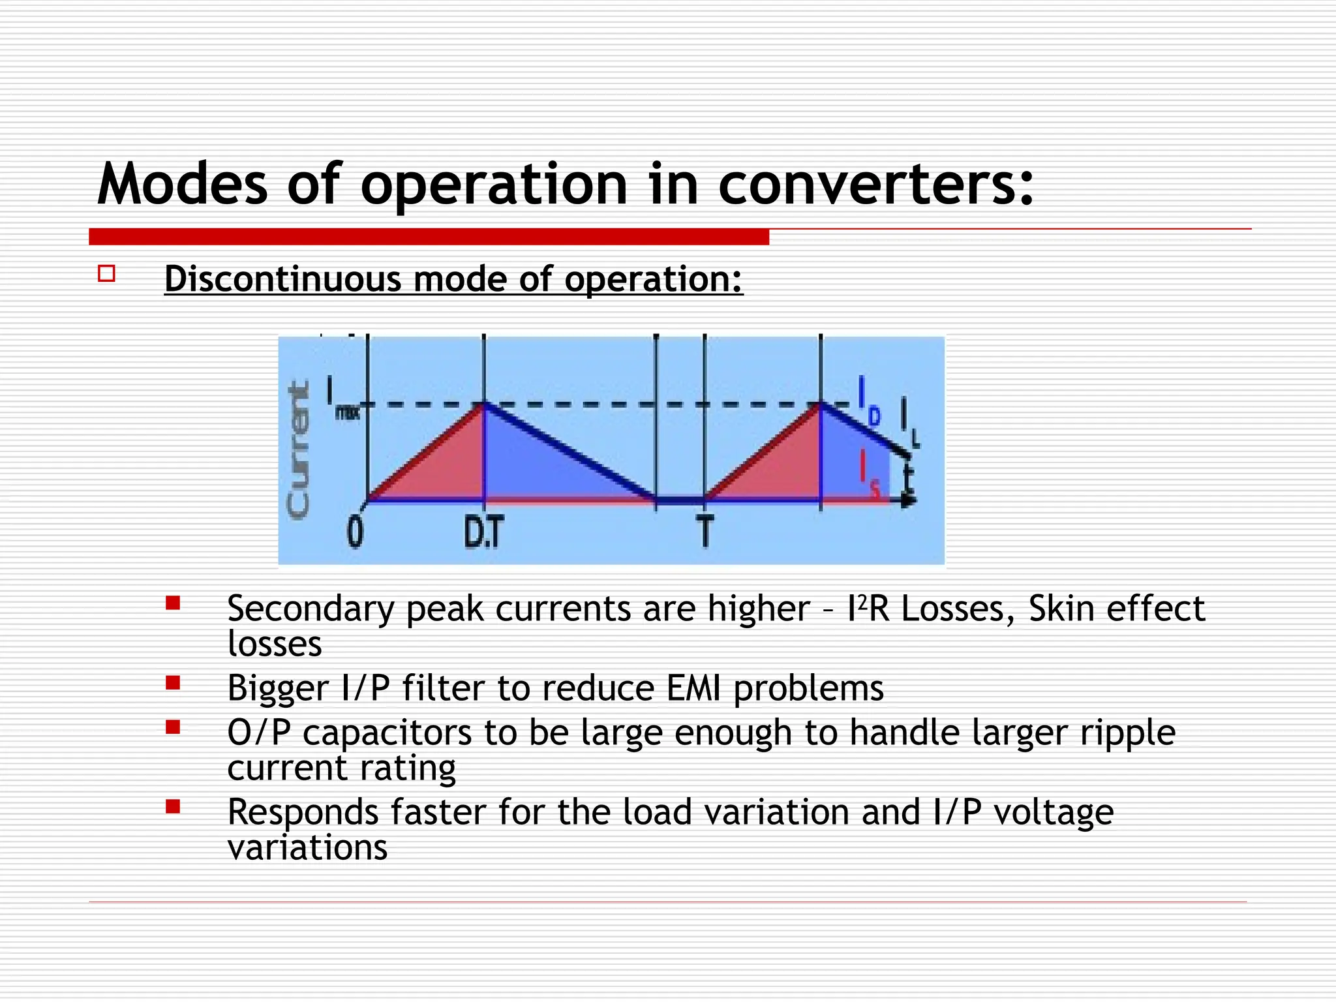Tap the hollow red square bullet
[107, 273]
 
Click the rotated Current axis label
[298, 450]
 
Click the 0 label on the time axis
[355, 532]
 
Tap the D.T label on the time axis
[483, 532]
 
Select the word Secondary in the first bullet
[310, 609]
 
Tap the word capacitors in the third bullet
[387, 733]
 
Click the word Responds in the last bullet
[302, 813]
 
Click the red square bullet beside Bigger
[173, 683]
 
